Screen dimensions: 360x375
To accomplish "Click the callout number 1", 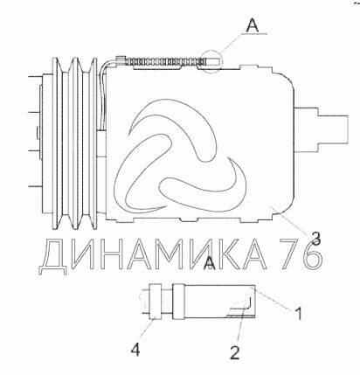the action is pyautogui.click(x=298, y=313).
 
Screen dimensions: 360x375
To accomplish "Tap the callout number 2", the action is pyautogui.click(x=235, y=352).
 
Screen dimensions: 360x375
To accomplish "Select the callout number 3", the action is pyautogui.click(x=315, y=238).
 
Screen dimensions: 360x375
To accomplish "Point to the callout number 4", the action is pyautogui.click(x=135, y=349).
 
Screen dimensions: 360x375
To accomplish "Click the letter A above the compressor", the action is pyautogui.click(x=252, y=25).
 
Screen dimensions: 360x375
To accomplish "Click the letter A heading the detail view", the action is pyautogui.click(x=210, y=263).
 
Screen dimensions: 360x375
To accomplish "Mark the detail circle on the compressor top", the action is pyautogui.click(x=211, y=61).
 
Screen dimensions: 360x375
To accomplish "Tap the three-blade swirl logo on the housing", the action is pyautogui.click(x=180, y=158).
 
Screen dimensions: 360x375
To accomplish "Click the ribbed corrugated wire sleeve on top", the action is pyautogui.click(x=163, y=61).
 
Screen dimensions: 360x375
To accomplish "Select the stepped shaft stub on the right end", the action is pyautogui.click(x=322, y=129).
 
